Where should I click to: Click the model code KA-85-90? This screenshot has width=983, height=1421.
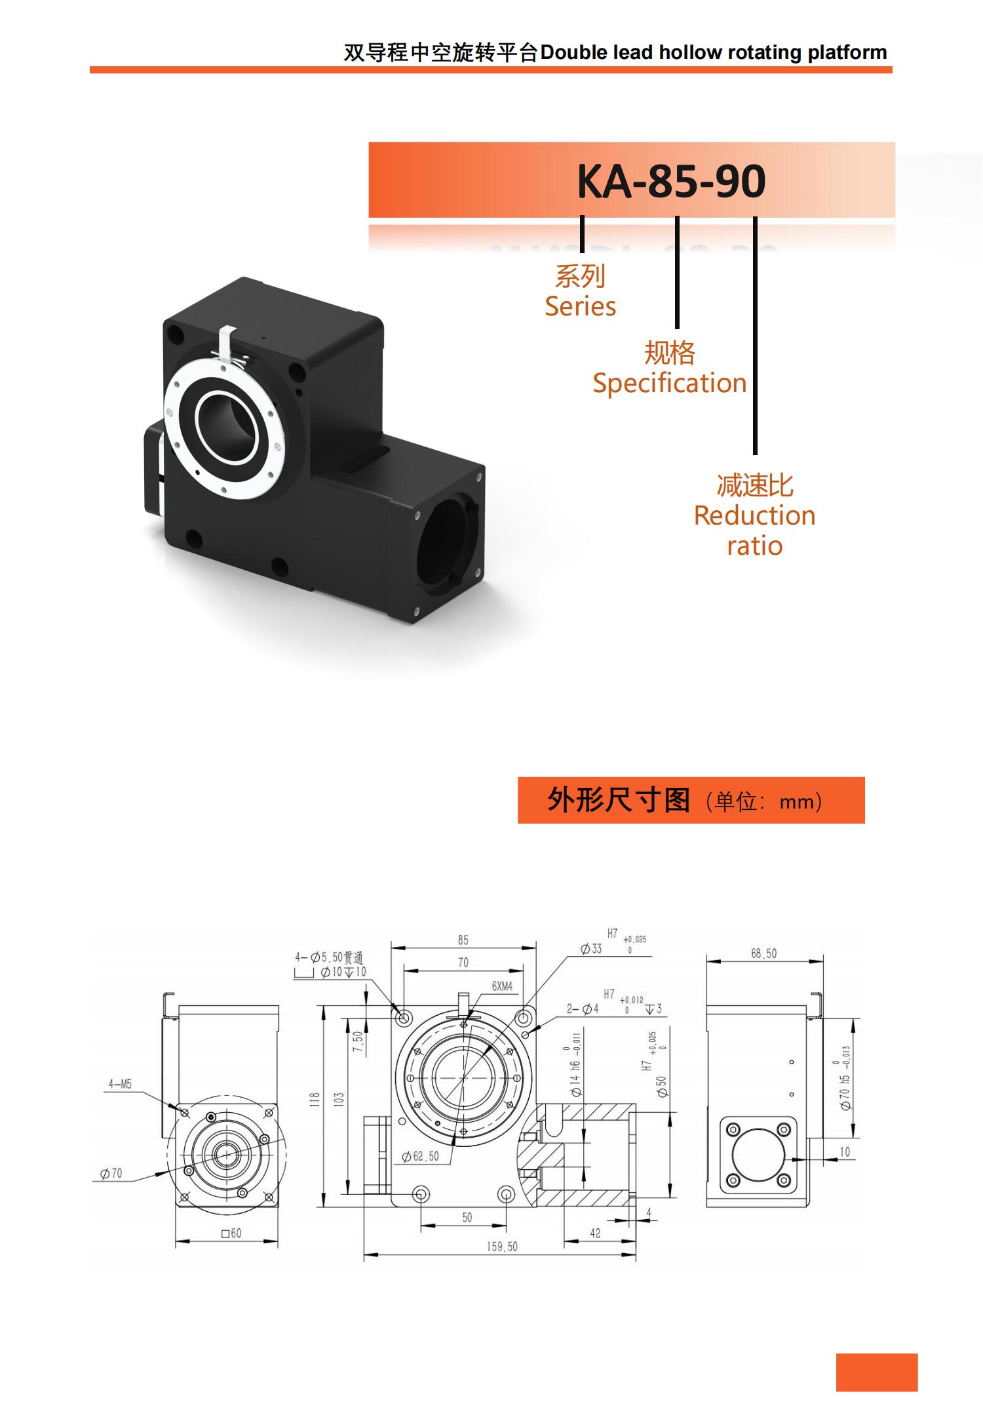click(x=670, y=181)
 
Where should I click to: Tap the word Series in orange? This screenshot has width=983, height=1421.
click(x=580, y=306)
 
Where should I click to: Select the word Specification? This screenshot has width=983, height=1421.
click(x=669, y=383)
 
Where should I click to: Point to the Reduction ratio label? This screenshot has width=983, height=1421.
click(x=754, y=530)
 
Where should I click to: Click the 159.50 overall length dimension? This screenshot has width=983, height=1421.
click(x=501, y=1247)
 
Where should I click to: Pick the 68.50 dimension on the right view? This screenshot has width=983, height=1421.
click(x=763, y=953)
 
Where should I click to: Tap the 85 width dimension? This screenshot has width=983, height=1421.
click(x=463, y=940)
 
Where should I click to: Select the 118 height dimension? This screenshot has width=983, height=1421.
click(x=314, y=1100)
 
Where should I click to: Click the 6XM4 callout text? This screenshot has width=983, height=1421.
click(x=502, y=986)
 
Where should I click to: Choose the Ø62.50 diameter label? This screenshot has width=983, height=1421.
click(x=421, y=1156)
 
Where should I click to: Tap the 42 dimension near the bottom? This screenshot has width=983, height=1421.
click(x=595, y=1233)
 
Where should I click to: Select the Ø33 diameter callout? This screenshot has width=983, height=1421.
click(x=591, y=948)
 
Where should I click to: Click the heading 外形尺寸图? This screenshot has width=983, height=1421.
click(x=618, y=800)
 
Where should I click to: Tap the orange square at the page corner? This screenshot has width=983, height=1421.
click(x=876, y=1372)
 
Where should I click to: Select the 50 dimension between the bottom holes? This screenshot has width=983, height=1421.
click(x=467, y=1217)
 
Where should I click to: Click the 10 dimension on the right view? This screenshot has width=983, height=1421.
click(x=845, y=1151)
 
